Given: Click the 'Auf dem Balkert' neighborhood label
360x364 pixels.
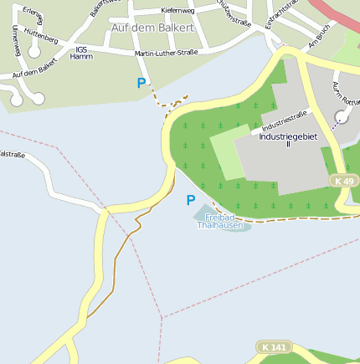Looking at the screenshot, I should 152,28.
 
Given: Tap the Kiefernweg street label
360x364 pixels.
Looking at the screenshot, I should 177,11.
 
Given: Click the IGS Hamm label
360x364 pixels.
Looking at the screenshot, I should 81,52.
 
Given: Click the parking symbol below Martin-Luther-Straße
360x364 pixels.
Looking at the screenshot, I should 141,83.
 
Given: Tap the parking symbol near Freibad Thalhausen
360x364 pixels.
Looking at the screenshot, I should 191,200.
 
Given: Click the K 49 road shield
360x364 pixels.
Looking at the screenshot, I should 343,181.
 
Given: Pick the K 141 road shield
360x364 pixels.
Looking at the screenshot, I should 273,346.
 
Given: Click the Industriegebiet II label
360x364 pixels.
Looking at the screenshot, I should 286,140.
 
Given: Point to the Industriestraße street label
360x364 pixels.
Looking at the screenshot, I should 285,121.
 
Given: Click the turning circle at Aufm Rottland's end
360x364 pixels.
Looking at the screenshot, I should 341,116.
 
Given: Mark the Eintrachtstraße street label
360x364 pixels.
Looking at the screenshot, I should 280,14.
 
